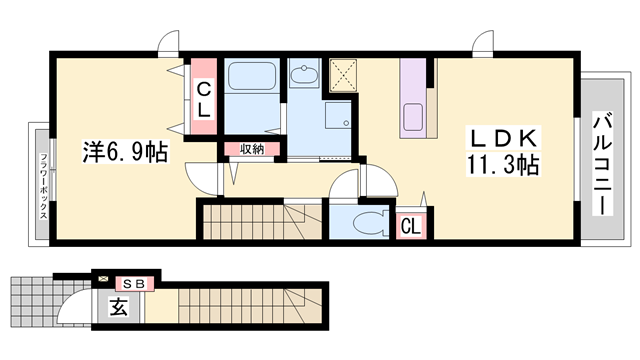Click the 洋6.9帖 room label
(x=125, y=152)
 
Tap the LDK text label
(x=503, y=138)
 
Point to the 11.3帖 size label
(x=503, y=164)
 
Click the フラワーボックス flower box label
(x=43, y=186)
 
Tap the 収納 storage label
(x=252, y=149)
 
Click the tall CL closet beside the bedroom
(x=204, y=97)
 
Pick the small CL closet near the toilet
(x=411, y=226)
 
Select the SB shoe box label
(x=134, y=284)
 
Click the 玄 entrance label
(x=118, y=307)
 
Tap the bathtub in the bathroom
(x=251, y=76)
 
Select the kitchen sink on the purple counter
(x=413, y=117)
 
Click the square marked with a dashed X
(x=343, y=76)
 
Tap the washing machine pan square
(x=338, y=116)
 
